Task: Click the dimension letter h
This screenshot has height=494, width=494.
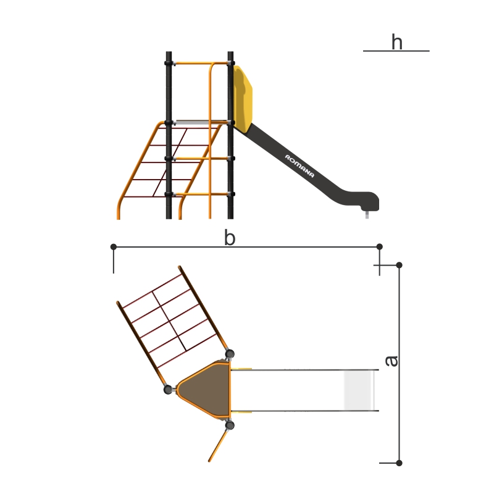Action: pyautogui.click(x=397, y=42)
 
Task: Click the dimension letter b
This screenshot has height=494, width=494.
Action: pyautogui.click(x=230, y=238)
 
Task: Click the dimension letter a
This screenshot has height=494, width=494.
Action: pyautogui.click(x=391, y=361)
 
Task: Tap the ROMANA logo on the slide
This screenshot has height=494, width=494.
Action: pyautogui.click(x=299, y=166)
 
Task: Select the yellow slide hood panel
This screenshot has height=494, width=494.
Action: pyautogui.click(x=243, y=99)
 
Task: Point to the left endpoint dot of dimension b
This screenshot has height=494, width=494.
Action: pyautogui.click(x=114, y=246)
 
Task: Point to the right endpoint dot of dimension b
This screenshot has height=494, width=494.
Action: pyautogui.click(x=380, y=246)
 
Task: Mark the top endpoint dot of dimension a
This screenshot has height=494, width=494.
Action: pyautogui.click(x=399, y=265)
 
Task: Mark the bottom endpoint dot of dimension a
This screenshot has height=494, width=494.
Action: pyautogui.click(x=399, y=463)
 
